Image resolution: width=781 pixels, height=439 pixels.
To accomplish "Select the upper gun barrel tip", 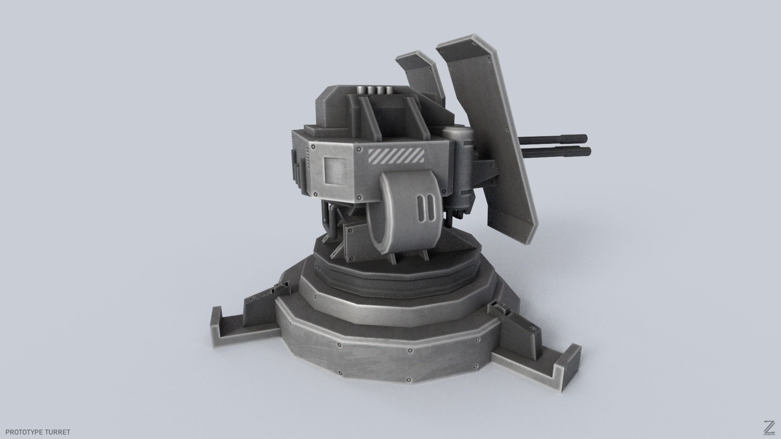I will [x=583, y=137].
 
